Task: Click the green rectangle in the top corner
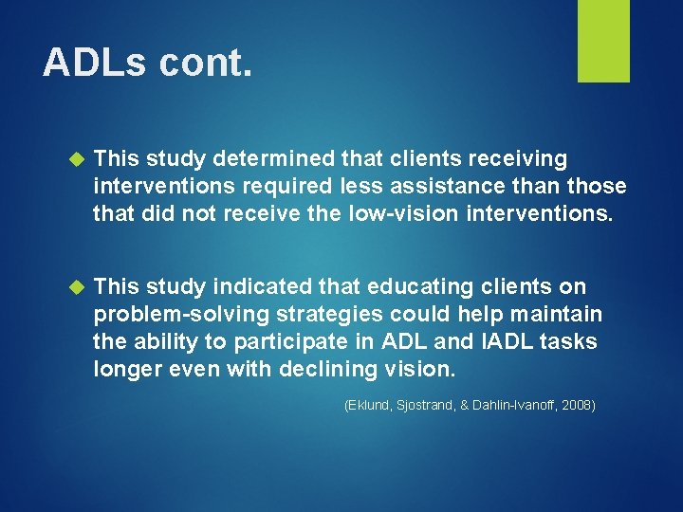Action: point(603,40)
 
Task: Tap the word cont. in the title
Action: point(206,63)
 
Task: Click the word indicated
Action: point(258,286)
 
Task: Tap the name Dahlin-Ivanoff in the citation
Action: point(507,406)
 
